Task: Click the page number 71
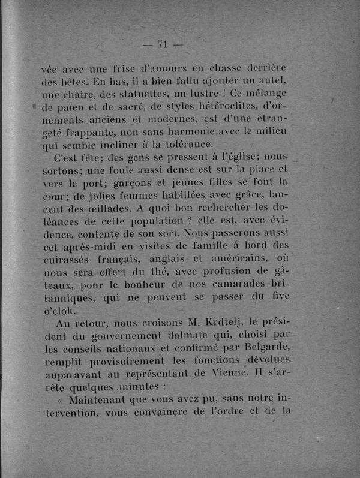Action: tap(163, 44)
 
